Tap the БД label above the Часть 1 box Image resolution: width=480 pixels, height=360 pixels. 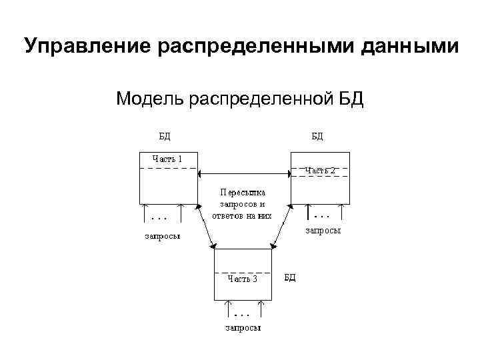pos(163,137)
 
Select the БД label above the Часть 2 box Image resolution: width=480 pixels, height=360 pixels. pos(317,137)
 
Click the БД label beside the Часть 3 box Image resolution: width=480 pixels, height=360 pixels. pos(290,276)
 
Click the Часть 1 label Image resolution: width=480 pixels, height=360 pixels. pos(167,159)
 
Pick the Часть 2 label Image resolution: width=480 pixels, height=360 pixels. pos(320,171)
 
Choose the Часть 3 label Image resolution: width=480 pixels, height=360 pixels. pos(242,279)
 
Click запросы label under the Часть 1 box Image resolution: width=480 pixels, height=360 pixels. pos(164,235)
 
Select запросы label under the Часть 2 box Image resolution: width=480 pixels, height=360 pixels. pos(323,231)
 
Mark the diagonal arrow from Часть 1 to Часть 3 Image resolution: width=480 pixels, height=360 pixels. pos(206,227)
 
